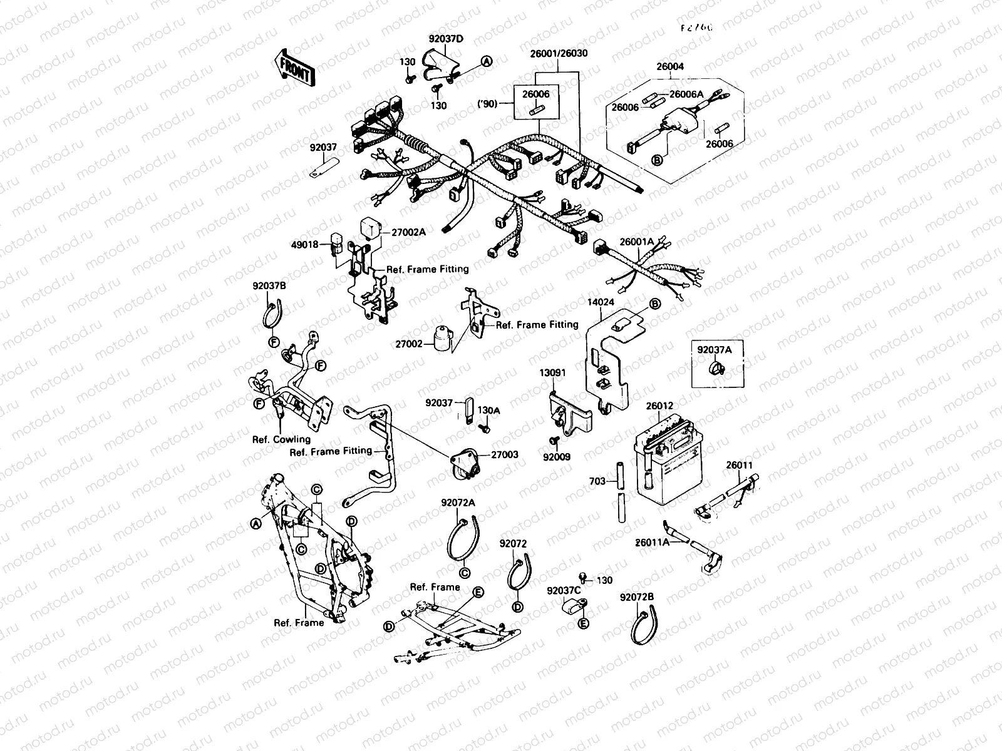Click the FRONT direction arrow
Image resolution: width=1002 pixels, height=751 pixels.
tap(293, 68)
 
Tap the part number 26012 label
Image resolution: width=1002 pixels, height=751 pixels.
tap(659, 406)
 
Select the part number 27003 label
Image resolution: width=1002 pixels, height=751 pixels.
tap(504, 454)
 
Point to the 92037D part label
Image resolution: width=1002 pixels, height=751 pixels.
tap(446, 39)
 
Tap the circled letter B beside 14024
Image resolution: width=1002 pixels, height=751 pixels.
tap(654, 304)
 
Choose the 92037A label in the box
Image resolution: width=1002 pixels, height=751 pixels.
tap(715, 350)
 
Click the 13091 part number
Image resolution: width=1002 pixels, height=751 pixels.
tap(553, 372)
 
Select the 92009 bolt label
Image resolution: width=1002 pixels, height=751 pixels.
tap(557, 457)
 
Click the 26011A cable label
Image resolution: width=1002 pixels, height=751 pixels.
tap(653, 542)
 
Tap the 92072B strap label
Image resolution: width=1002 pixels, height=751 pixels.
tap(637, 598)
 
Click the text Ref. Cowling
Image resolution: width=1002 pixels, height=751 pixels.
tap(281, 439)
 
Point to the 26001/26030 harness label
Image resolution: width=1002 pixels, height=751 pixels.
tap(551, 54)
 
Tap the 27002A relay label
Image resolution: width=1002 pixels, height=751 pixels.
tap(408, 232)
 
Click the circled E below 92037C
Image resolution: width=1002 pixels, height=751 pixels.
tap(583, 623)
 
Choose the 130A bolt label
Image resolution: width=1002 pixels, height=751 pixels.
tap(489, 410)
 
